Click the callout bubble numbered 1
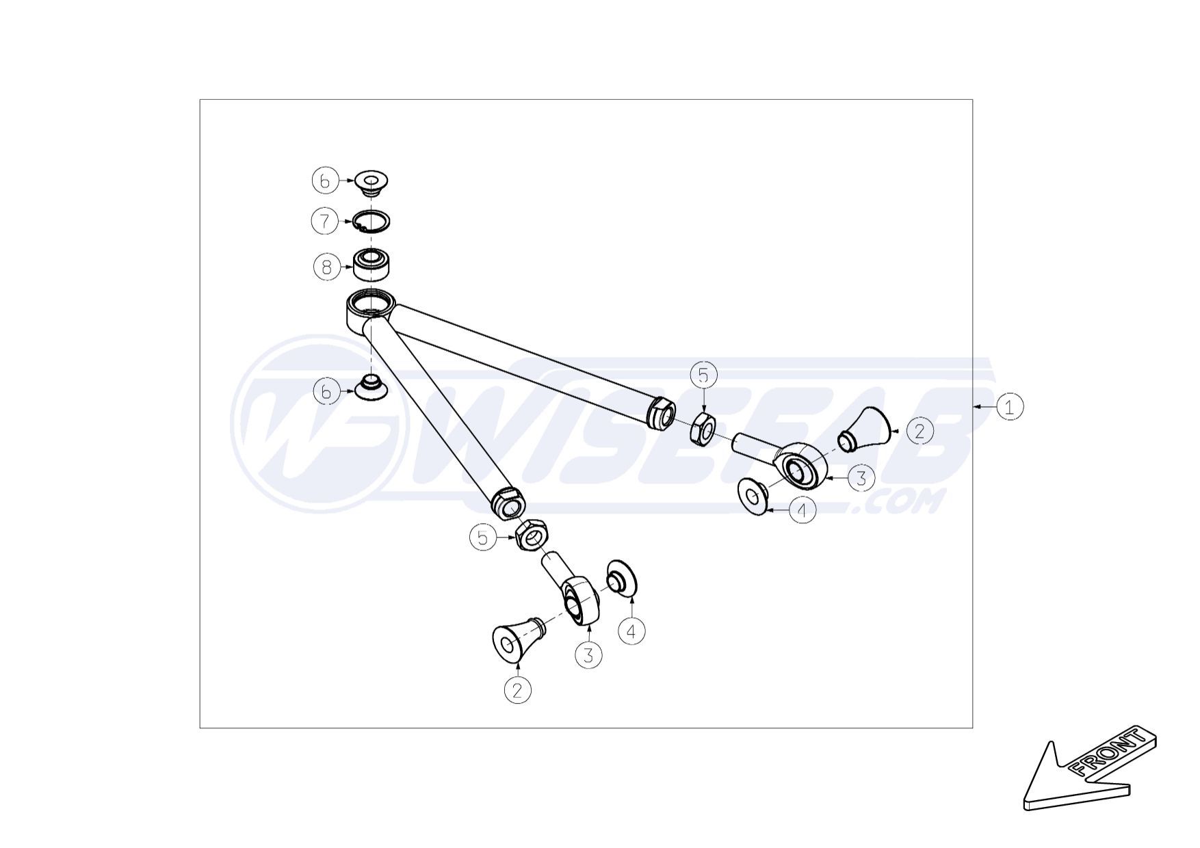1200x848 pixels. pyautogui.click(x=1009, y=407)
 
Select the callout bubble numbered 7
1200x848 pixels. pyautogui.click(x=325, y=221)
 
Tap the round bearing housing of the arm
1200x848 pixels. pyautogui.click(x=370, y=310)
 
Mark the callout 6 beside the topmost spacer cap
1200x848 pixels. pyautogui.click(x=326, y=181)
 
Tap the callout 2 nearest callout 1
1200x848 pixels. pyautogui.click(x=919, y=431)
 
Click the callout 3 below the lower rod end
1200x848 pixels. pyautogui.click(x=588, y=655)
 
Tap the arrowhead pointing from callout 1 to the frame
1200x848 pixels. pyautogui.click(x=978, y=407)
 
